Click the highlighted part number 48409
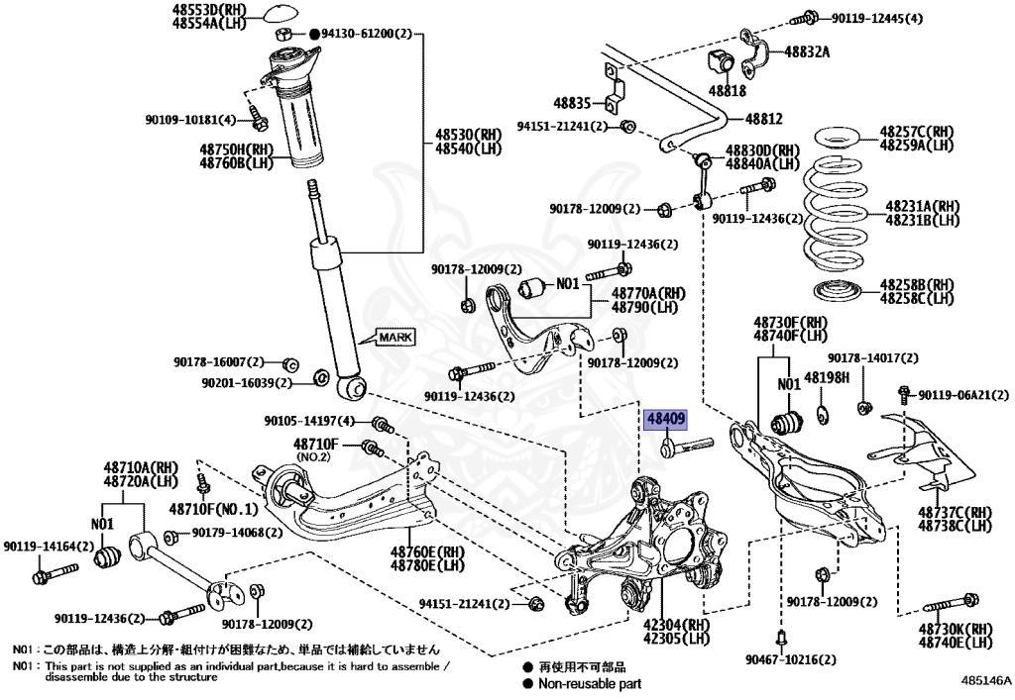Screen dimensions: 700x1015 pyautogui.click(x=665, y=420)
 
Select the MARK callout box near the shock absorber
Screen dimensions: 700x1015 pyautogui.click(x=395, y=338)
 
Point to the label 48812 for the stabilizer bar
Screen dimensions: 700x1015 pyautogui.click(x=763, y=119)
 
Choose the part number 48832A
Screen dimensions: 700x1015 pyautogui.click(x=807, y=51)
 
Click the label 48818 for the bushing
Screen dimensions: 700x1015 pyautogui.click(x=729, y=90)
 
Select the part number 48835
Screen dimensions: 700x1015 pyautogui.click(x=572, y=103)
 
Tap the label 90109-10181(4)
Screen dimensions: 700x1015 pyautogui.click(x=191, y=121)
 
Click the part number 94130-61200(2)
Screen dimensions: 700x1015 pyautogui.click(x=366, y=34)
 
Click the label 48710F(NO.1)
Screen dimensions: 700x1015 pyautogui.click(x=212, y=509)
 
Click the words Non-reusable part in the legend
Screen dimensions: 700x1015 pyautogui.click(x=590, y=683)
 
